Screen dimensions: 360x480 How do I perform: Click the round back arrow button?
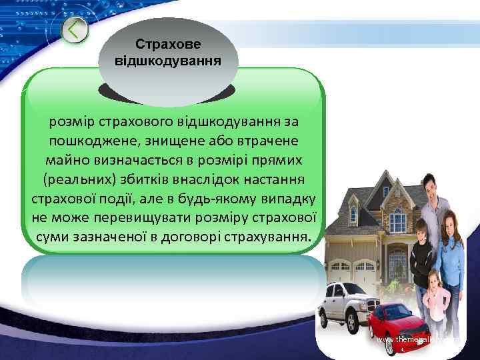75,31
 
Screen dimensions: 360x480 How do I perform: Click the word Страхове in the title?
172,44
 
